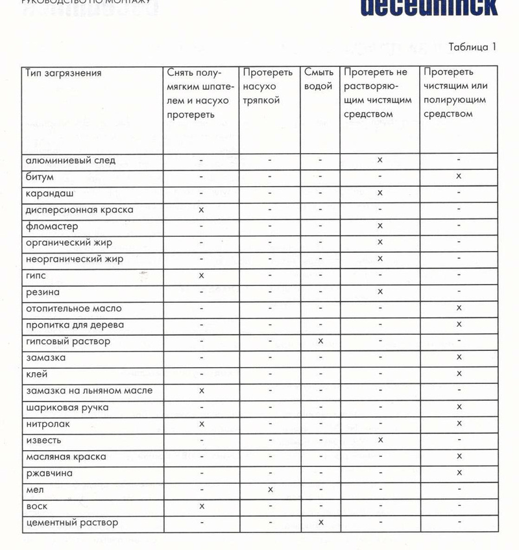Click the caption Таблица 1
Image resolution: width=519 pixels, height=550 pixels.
tap(471, 47)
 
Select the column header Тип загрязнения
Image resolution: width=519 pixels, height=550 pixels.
tap(64, 73)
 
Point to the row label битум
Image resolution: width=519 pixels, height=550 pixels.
tap(40, 176)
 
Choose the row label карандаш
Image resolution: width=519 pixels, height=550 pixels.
tap(49, 193)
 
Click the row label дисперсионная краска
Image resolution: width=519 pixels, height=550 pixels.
tap(79, 209)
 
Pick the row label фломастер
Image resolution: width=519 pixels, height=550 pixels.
tap(52, 226)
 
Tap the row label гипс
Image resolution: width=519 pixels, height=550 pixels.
tap(36, 276)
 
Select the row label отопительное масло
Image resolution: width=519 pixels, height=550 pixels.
tap(73, 309)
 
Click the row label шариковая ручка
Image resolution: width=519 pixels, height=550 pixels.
tap(67, 407)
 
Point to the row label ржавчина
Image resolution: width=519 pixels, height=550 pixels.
tap(49, 473)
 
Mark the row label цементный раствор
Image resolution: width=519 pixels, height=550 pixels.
tap(71, 523)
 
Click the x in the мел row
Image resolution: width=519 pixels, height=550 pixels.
tap(270, 490)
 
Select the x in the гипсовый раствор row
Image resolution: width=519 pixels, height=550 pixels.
tap(320, 341)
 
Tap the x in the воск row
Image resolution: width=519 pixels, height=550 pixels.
tap(202, 506)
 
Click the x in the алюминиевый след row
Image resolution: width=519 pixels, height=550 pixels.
tap(380, 160)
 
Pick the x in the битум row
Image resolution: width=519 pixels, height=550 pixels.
tap(459, 176)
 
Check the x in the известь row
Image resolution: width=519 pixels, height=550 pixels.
tap(380, 440)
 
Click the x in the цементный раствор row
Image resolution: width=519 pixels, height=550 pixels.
tap(320, 523)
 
